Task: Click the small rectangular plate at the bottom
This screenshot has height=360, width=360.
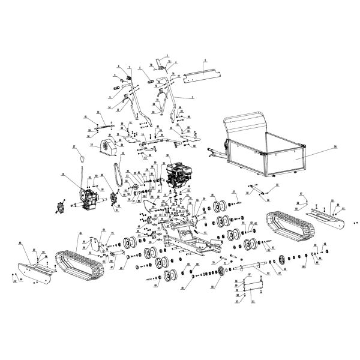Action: (254, 287)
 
